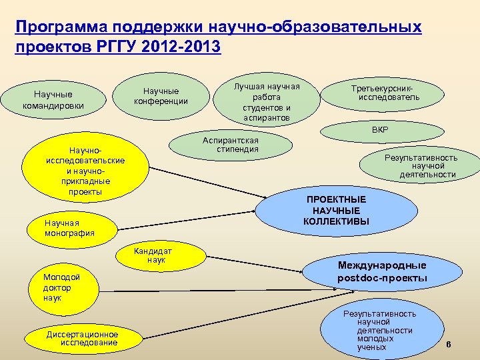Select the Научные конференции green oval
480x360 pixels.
(x=161, y=96)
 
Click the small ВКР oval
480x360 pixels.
(x=381, y=129)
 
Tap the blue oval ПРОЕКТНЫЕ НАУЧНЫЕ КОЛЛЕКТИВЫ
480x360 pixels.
(x=337, y=210)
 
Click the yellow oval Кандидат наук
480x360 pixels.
(x=153, y=256)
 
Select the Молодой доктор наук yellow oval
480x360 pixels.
(x=60, y=287)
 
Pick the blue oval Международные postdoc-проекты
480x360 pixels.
(x=382, y=271)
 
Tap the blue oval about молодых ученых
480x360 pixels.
(x=377, y=330)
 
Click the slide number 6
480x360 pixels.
(x=448, y=345)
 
